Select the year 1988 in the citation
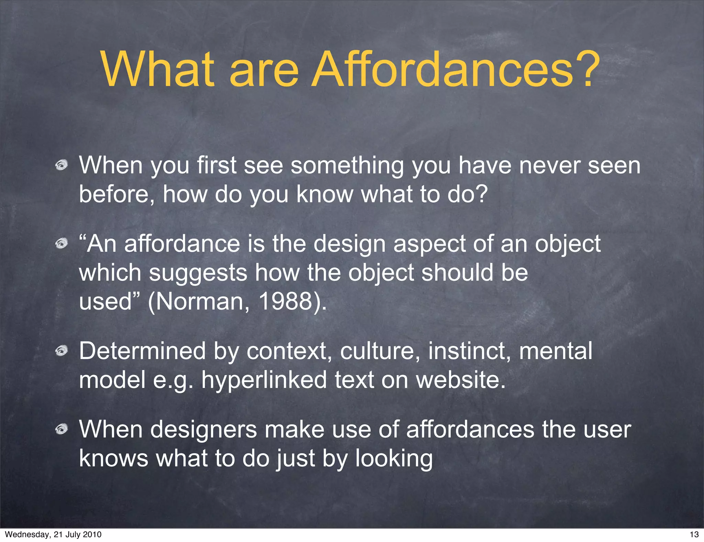point(285,301)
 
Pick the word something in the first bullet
point(347,166)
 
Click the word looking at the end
point(394,459)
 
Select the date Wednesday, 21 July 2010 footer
point(53,534)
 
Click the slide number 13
point(694,534)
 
